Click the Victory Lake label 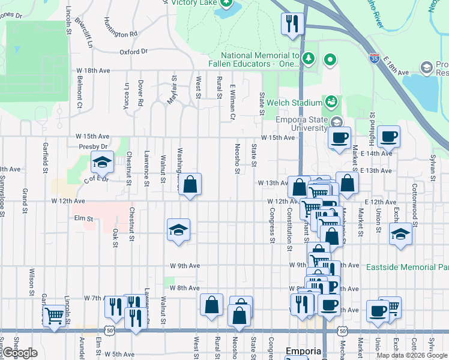pos(193,2)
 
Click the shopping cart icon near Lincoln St pos(55,314)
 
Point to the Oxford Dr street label pos(133,52)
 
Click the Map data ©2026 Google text pos(411,355)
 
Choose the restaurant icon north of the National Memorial pos(292,23)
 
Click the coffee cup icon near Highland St pos(388,136)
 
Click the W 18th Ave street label pos(93,70)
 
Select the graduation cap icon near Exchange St pos(401,235)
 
